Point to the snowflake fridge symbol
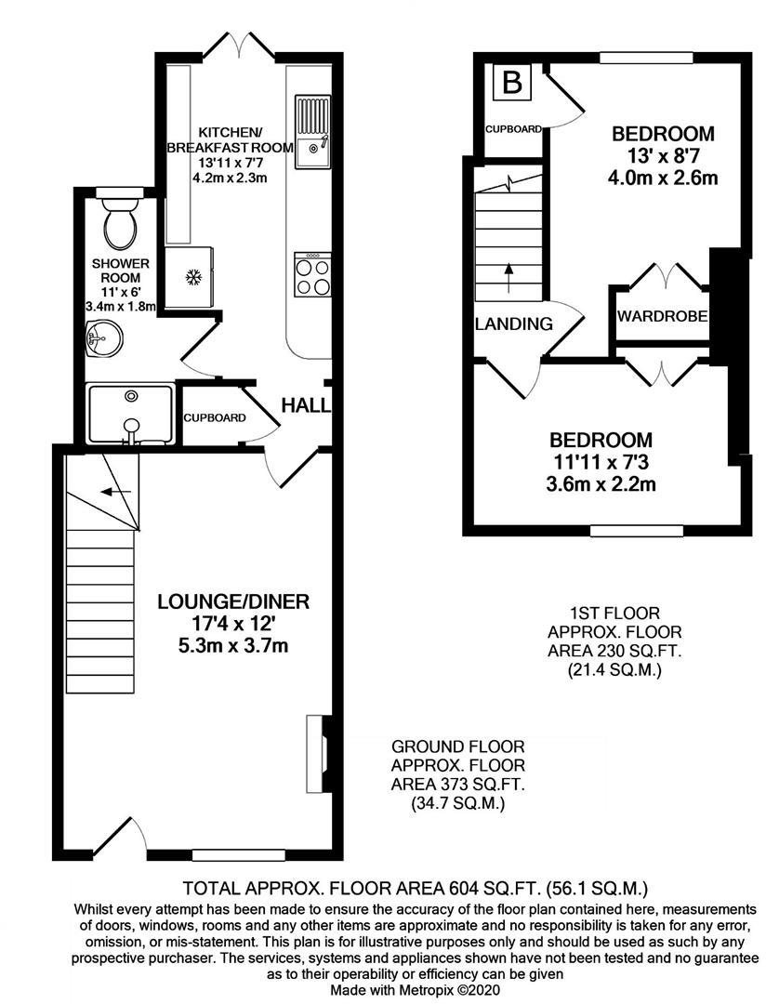click(x=194, y=276)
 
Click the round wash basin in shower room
click(x=97, y=338)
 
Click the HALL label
click(x=301, y=405)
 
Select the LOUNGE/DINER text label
click(x=232, y=601)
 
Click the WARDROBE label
click(x=663, y=317)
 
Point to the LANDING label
click(x=513, y=324)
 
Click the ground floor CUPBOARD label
click(x=215, y=418)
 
